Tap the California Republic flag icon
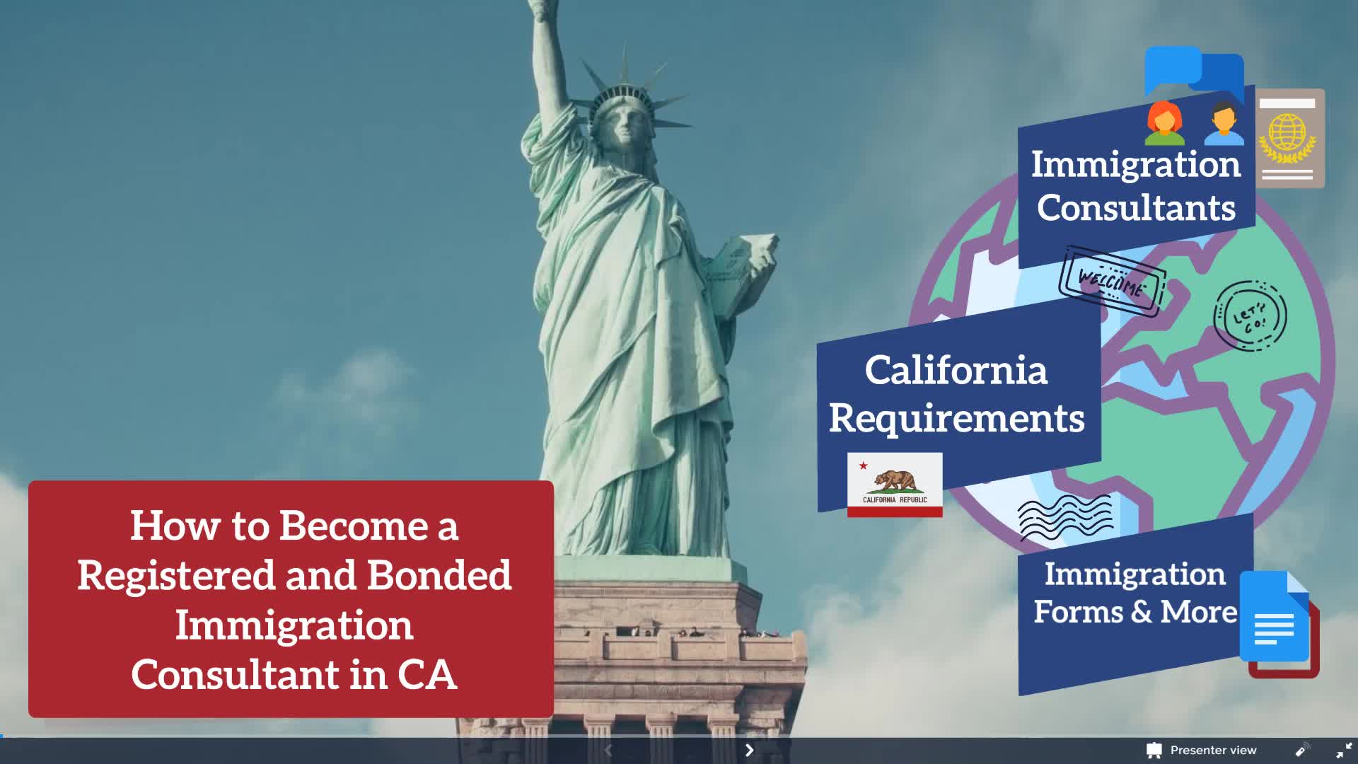[895, 485]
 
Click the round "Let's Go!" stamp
[1250, 316]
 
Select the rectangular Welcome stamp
[1112, 282]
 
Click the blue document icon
[1275, 616]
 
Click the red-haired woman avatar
[1165, 122]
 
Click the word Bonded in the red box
[439, 575]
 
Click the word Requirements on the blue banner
[956, 418]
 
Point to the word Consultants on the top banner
[1136, 208]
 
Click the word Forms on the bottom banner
[1078, 611]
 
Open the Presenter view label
[1213, 750]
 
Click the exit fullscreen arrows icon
[1344, 750]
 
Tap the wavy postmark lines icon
[1065, 518]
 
